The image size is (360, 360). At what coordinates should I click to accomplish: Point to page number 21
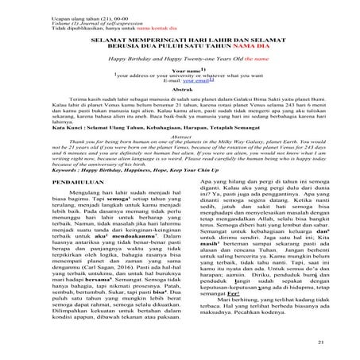(343, 343)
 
